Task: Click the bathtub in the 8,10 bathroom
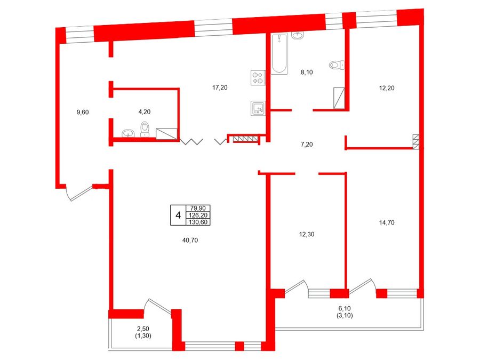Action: pos(279,54)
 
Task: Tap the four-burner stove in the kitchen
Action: pos(258,78)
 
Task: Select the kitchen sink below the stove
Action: pos(258,108)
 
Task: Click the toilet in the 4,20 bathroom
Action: pos(145,129)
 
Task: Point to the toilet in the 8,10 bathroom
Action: pos(337,65)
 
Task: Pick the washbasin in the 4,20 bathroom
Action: pos(128,133)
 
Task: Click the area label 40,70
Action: pos(190,241)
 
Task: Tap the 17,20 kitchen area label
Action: pos(220,87)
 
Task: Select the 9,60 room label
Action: pos(83,113)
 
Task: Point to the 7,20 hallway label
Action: pos(307,145)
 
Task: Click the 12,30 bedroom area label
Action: pos(307,235)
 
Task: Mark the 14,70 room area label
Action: pos(387,223)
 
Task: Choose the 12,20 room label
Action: pos(387,88)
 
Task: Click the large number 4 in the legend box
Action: pos(178,215)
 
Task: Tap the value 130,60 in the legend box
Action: pos(198,222)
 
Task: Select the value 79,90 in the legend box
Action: pos(198,209)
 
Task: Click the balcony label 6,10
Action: pos(343,309)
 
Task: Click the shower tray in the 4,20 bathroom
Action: pos(167,134)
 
